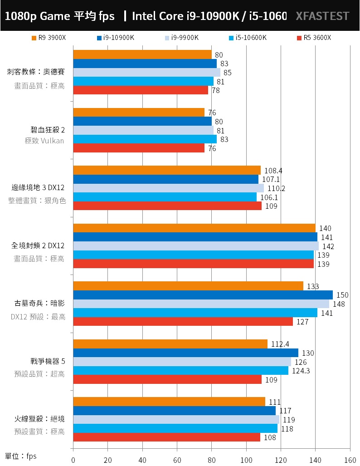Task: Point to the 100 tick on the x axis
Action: tap(246, 459)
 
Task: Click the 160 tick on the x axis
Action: tap(350, 459)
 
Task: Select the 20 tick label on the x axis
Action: tap(107, 459)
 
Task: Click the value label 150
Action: tap(342, 295)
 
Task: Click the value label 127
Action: tap(302, 322)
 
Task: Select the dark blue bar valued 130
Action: tap(185, 353)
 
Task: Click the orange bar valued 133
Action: tap(188, 286)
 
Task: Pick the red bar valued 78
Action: tap(140, 90)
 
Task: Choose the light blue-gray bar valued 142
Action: tap(195, 246)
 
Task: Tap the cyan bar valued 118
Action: tap(175, 428)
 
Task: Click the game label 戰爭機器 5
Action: tap(45, 361)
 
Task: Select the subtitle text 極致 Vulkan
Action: tap(44, 141)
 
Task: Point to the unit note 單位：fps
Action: tap(21, 456)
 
